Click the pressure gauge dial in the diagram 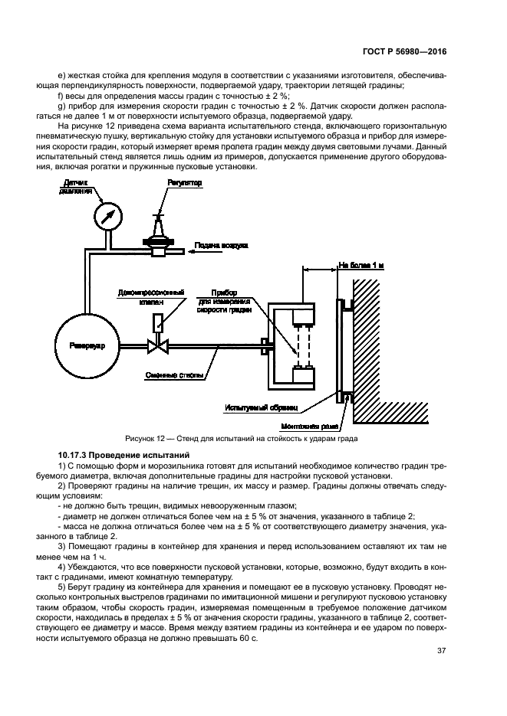(x=107, y=217)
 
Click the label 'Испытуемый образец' (x=261, y=408)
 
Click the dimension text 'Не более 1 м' (x=362, y=266)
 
